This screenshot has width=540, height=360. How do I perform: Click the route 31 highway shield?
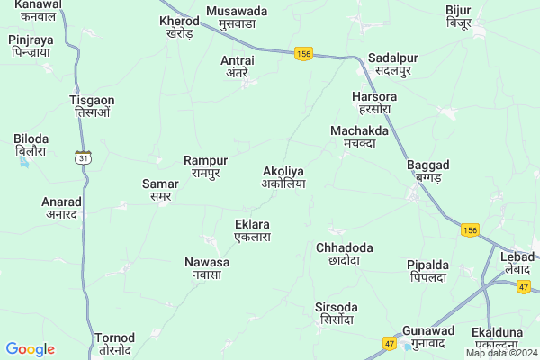click(x=83, y=157)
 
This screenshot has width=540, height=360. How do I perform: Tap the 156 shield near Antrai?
click(x=302, y=54)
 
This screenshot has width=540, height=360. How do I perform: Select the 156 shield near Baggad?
click(x=469, y=229)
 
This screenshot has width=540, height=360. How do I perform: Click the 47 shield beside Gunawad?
click(x=389, y=343)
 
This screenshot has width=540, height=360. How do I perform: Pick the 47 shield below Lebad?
click(x=524, y=286)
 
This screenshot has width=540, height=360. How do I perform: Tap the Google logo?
click(x=30, y=349)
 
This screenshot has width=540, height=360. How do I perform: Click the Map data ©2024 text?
click(x=501, y=353)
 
